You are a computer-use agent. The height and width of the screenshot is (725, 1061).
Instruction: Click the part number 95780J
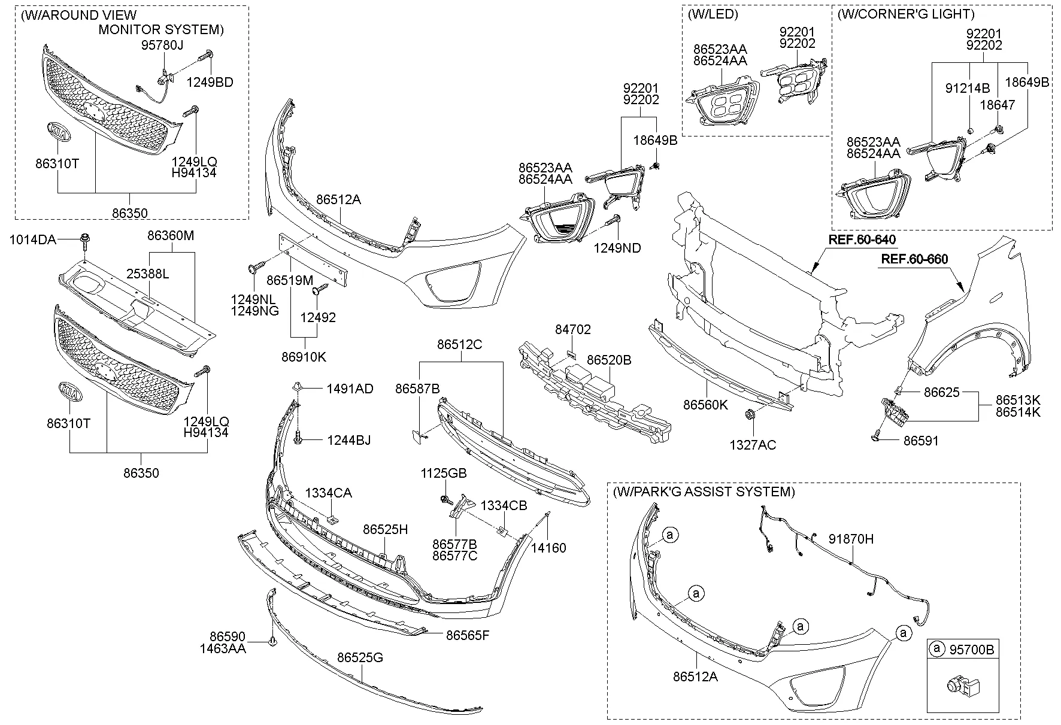[162, 45]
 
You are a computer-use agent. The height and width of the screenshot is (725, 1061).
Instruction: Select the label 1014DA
[32, 240]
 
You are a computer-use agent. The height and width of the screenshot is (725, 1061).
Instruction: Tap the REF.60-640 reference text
[862, 240]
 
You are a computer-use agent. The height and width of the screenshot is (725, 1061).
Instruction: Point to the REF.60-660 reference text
[914, 259]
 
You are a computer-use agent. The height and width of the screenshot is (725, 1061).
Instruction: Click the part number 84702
[572, 329]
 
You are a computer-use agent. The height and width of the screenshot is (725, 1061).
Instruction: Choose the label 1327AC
[752, 445]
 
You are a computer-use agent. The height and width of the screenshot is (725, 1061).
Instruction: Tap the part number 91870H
[851, 539]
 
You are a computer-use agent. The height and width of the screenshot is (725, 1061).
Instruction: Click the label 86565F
[467, 635]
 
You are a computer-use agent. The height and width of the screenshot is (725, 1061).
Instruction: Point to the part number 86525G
[360, 658]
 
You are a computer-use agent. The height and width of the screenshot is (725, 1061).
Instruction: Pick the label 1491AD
[350, 389]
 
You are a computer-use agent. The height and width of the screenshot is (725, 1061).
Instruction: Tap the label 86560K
[705, 405]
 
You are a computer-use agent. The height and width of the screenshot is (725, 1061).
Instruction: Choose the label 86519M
[290, 280]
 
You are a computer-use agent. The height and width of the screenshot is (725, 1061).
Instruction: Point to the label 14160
[548, 548]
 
